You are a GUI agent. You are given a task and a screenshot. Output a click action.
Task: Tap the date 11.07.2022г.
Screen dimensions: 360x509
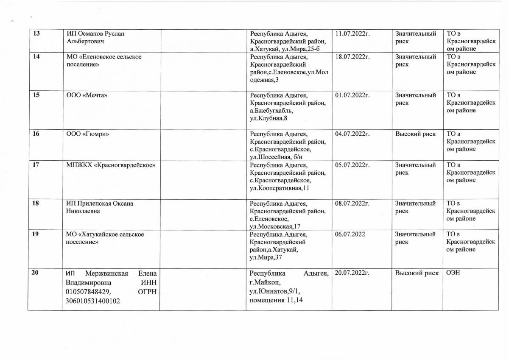(353, 33)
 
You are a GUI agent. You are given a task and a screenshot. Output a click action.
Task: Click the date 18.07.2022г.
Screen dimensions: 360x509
(353, 57)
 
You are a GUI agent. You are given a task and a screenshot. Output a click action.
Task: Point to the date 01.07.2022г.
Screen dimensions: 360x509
(353, 95)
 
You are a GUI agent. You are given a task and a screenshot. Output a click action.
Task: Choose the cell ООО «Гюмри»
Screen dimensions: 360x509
(88, 134)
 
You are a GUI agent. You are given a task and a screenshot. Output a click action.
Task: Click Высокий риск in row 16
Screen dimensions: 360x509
(415, 134)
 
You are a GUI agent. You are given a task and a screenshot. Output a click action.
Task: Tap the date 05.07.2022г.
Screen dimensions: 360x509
(353, 165)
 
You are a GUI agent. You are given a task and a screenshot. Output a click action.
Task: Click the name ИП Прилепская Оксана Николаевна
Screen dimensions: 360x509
(99, 207)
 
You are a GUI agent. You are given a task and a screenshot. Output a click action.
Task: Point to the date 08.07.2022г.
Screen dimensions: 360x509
(353, 204)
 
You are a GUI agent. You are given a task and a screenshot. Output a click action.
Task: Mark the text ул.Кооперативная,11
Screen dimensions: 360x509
(282, 188)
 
